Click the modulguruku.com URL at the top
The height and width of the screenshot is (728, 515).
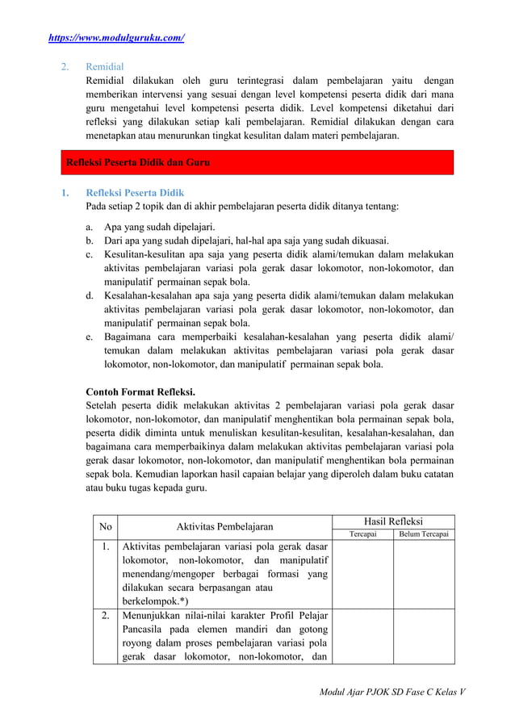click(116, 38)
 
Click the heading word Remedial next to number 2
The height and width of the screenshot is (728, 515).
click(105, 67)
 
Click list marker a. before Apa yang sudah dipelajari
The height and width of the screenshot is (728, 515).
click(90, 227)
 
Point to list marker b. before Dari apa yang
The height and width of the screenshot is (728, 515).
click(90, 241)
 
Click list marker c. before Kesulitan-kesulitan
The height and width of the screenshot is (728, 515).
click(90, 254)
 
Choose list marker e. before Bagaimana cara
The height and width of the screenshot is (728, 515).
click(90, 337)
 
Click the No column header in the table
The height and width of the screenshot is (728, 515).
click(105, 527)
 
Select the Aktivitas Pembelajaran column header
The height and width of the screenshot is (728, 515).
click(224, 527)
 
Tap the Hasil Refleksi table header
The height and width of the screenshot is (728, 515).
click(394, 521)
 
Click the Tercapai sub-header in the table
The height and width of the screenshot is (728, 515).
click(362, 534)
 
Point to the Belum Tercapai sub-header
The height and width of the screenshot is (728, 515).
click(425, 534)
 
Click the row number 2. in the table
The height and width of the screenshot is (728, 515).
click(105, 616)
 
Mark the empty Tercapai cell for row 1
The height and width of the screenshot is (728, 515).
click(362, 574)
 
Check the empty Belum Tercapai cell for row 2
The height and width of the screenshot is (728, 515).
click(425, 636)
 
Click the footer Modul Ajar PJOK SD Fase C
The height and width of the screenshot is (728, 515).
click(393, 692)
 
